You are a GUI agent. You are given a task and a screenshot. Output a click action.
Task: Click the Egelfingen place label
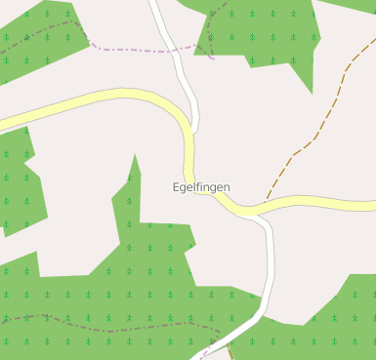pos(201,187)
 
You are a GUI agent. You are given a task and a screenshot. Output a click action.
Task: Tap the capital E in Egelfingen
pos(176,186)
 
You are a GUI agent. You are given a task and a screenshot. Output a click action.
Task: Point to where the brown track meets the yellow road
pos(266,206)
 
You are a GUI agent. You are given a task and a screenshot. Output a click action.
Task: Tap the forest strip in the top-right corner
pos(356,5)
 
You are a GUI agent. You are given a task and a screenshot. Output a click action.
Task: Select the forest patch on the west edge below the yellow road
pos(15,185)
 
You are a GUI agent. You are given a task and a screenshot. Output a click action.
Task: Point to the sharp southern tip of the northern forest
pos(312,93)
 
